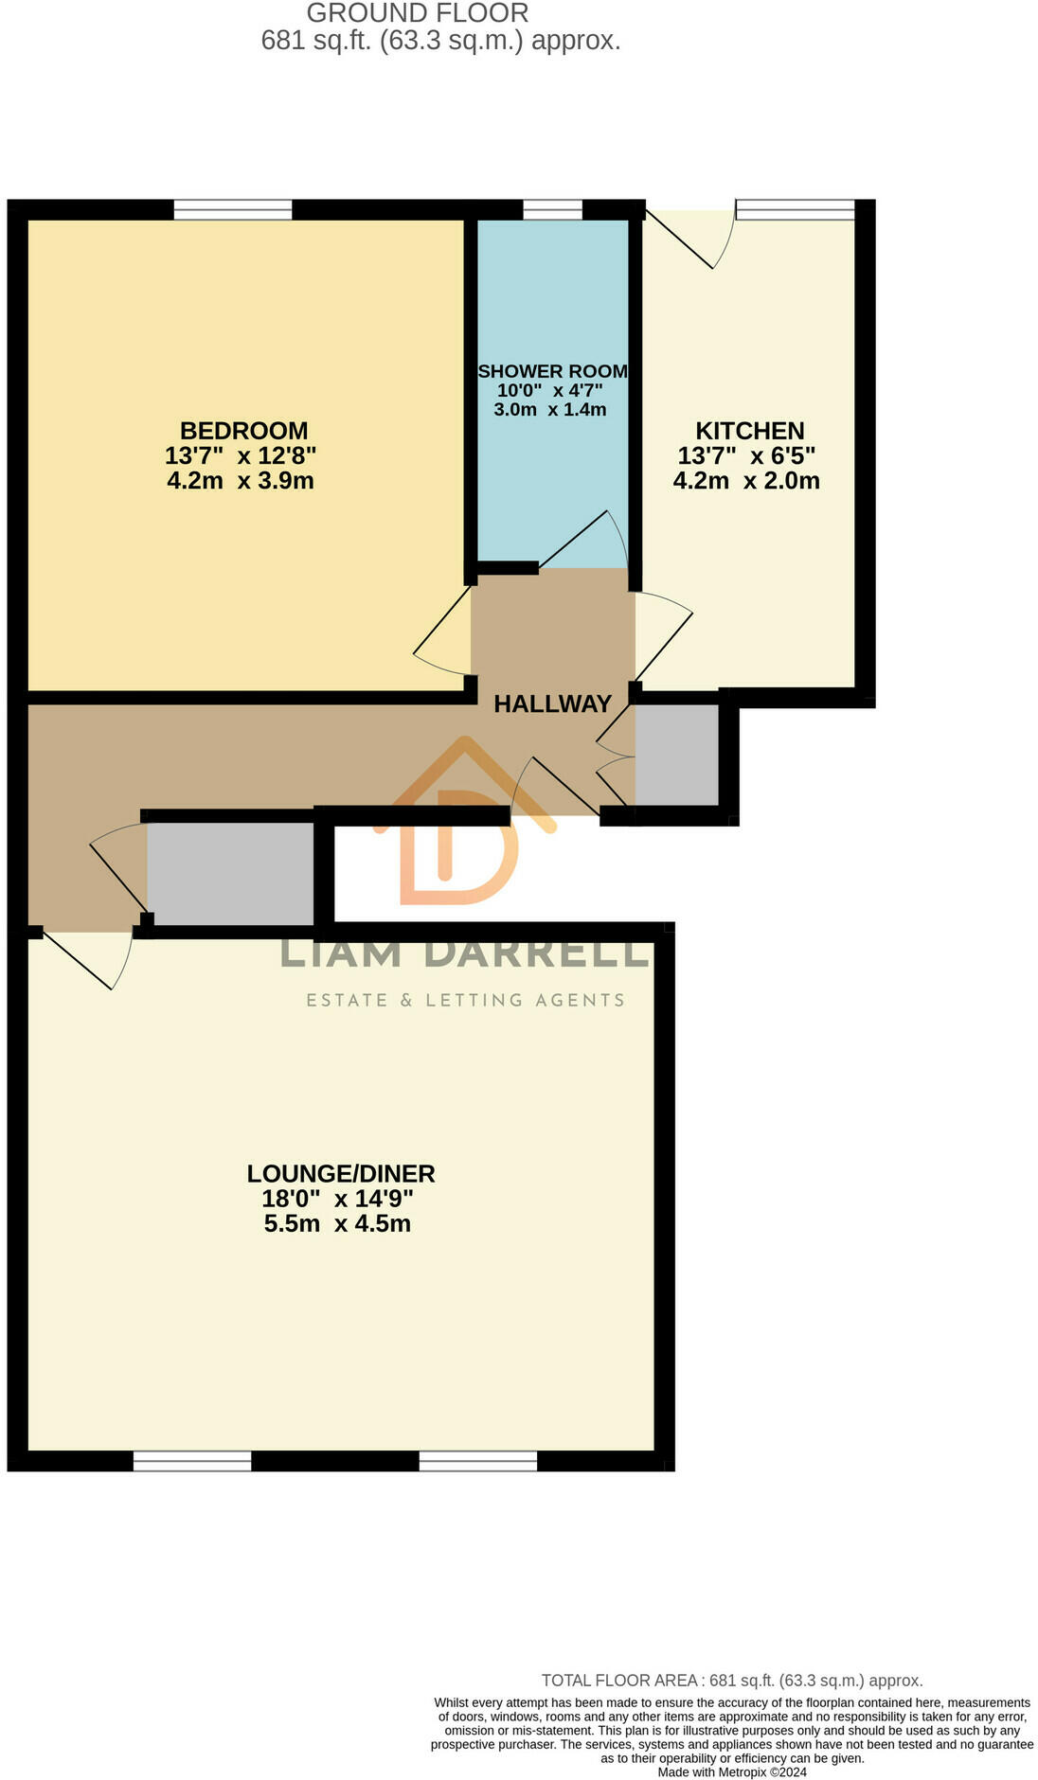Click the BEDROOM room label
[243, 431]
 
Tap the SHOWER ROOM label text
[552, 371]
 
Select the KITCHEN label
[749, 431]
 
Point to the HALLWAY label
[552, 703]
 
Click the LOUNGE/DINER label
[341, 1173]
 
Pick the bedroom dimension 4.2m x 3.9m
[241, 480]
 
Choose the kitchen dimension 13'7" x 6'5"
[746, 455]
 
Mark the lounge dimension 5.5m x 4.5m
[337, 1223]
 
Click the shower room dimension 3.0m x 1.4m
[549, 409]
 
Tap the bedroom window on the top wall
[233, 209]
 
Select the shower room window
[552, 209]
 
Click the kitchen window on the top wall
[796, 209]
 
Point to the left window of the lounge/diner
[192, 1460]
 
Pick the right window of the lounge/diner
[478, 1460]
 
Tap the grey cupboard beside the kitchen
[676, 755]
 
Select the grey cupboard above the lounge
[230, 873]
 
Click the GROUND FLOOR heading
[418, 13]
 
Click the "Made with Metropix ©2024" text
[732, 1771]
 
